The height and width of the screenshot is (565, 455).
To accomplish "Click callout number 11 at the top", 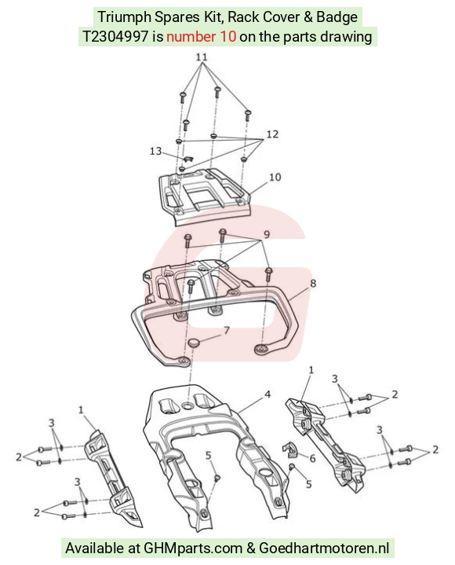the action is point(202,57).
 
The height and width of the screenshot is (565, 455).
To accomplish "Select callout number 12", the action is point(272,134).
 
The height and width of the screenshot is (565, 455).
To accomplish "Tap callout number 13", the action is point(155,151).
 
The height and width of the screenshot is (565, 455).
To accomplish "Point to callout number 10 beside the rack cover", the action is point(275,177).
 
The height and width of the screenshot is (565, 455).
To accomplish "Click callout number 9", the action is point(267,234).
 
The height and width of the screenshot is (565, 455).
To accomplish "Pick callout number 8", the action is point(313,283).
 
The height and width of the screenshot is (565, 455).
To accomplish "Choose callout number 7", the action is point(227,330).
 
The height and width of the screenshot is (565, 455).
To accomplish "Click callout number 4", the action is point(268,394).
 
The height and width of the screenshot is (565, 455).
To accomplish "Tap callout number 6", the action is point(312,458).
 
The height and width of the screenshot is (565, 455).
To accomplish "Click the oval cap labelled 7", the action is point(195,343).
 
